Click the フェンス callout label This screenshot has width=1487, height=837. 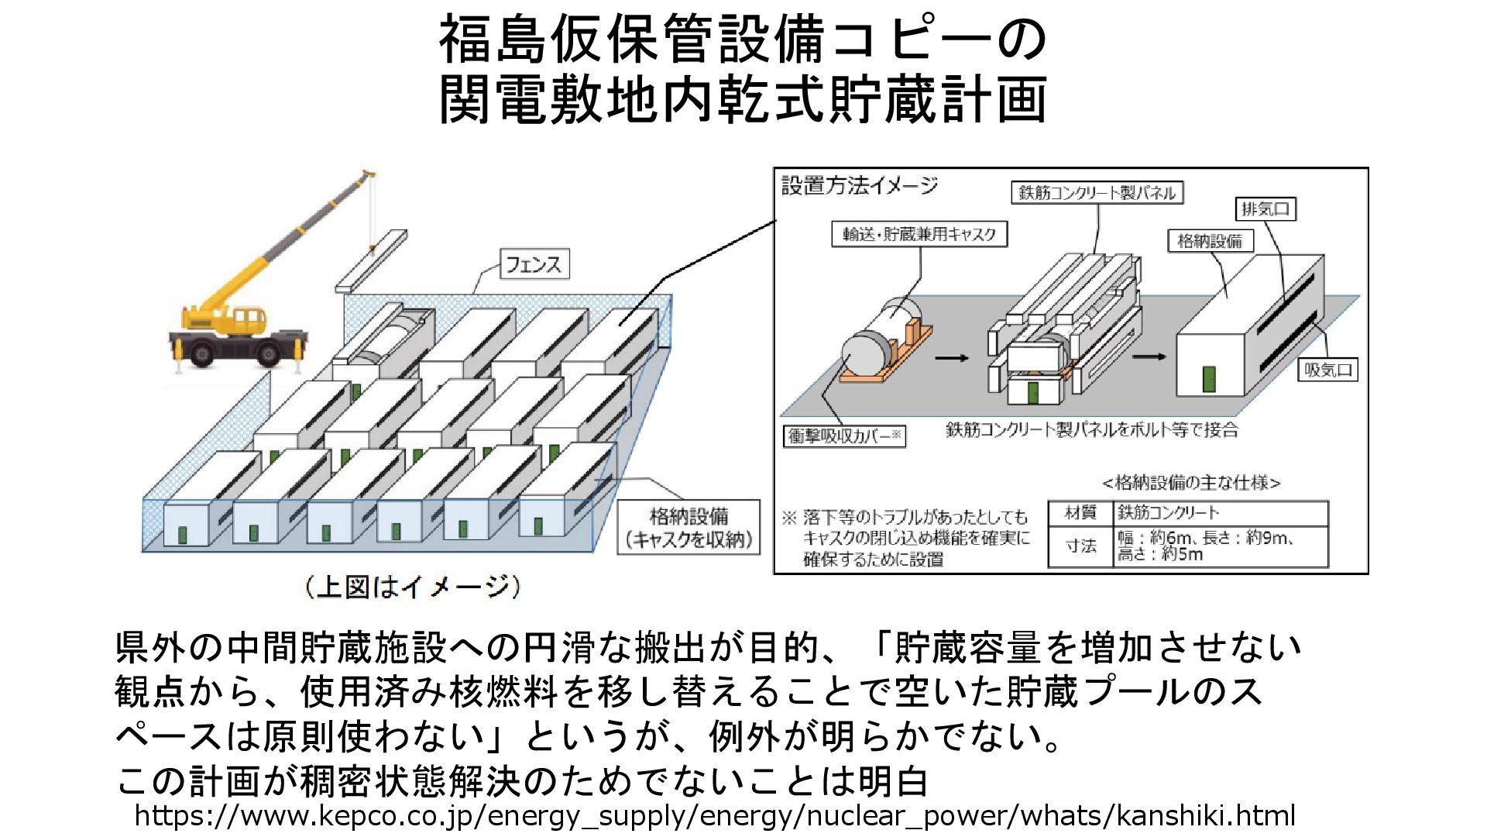534,264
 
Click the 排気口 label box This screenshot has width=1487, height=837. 1265,208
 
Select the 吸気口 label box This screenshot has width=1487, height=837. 1327,370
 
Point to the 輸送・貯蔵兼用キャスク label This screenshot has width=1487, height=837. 919,234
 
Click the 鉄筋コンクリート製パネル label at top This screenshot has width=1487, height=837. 1097,192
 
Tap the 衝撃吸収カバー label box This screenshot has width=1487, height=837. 844,436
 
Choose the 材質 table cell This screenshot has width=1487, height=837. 1080,513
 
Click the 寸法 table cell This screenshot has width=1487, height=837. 1080,546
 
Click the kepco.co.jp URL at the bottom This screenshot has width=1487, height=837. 714,816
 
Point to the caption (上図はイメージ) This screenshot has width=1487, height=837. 411,587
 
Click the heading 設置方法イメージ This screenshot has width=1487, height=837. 859,186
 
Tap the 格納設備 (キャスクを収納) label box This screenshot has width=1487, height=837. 689,528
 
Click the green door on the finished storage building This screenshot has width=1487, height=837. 1208,379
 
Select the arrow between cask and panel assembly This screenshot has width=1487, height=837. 952,358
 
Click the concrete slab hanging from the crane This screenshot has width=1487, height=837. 372,260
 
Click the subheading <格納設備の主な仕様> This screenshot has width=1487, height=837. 1190,483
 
